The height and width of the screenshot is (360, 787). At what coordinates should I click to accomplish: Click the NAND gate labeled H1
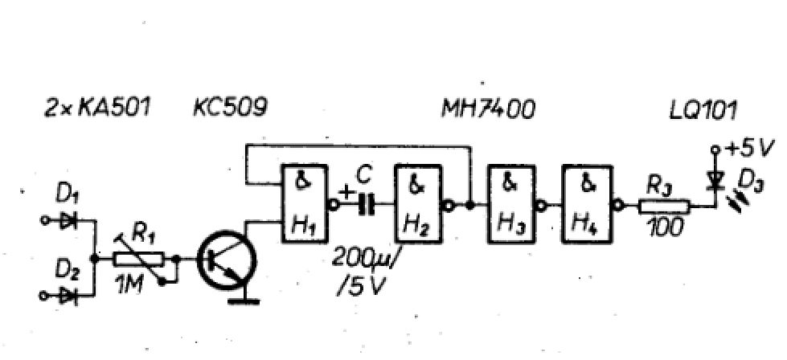click(304, 204)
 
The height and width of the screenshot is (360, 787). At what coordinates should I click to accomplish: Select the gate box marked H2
click(417, 204)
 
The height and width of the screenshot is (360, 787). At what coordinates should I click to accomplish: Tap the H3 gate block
click(510, 204)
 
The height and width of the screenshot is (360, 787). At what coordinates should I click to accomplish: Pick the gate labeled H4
click(586, 204)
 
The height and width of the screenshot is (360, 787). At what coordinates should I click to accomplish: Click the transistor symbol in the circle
click(227, 260)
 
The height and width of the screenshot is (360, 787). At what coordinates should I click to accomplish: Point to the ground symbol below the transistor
click(244, 301)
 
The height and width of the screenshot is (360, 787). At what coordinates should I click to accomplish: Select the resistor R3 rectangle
click(664, 206)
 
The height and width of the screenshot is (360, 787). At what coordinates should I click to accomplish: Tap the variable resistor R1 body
click(138, 259)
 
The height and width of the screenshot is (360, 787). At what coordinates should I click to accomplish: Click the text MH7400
click(488, 109)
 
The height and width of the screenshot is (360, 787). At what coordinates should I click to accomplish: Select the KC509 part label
click(229, 108)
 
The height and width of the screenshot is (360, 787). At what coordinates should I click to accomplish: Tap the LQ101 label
click(703, 111)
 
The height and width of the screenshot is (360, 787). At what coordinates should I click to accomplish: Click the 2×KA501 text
click(97, 108)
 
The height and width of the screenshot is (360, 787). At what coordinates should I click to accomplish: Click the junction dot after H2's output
click(470, 205)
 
